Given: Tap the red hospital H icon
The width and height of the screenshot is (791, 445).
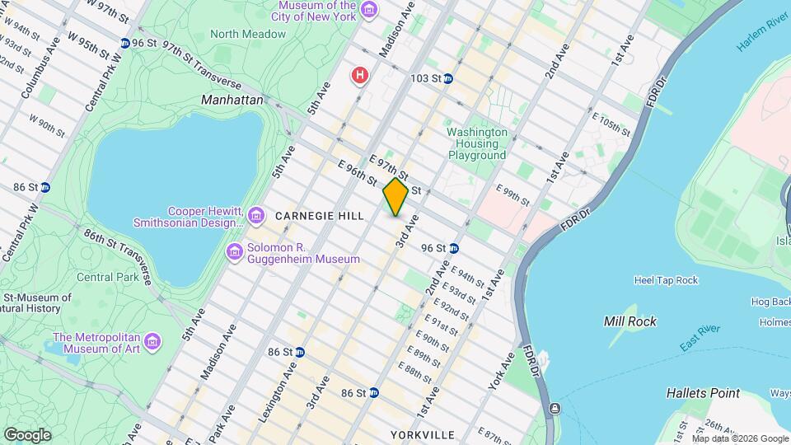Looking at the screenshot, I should click(359, 77).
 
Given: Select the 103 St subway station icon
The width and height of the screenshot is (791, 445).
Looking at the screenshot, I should click(447, 79).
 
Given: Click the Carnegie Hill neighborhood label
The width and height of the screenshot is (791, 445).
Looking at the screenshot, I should click(320, 216).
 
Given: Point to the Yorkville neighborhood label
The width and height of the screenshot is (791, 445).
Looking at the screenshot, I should click(423, 434).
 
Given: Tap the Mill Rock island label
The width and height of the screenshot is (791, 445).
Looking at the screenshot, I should click(630, 321).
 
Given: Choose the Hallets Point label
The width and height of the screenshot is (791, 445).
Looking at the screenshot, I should click(703, 393).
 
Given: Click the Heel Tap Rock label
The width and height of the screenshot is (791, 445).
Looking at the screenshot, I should click(666, 280).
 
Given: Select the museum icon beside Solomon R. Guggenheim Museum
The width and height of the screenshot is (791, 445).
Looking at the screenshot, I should click(235, 250).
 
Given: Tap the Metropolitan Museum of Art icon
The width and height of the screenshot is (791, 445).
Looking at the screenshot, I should click(152, 341).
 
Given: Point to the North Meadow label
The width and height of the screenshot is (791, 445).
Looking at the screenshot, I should click(248, 34).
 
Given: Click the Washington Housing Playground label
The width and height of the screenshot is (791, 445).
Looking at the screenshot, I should click(477, 143).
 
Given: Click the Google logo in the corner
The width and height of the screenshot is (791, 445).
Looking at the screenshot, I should click(27, 434).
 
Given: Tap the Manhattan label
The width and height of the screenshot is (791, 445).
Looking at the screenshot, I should click(232, 100).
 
